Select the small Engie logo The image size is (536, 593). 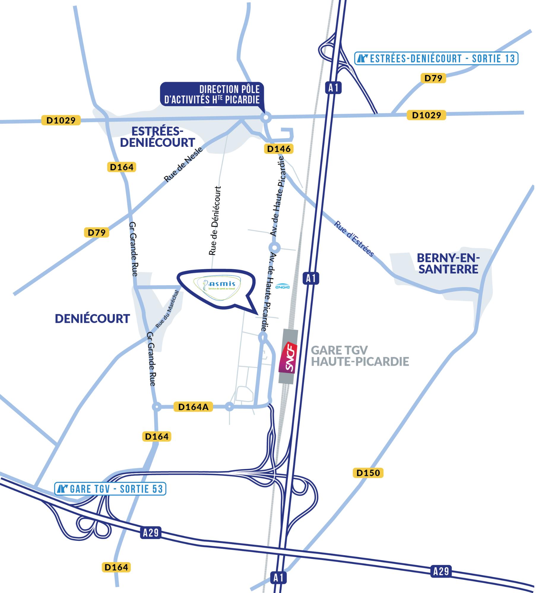(x=282, y=287)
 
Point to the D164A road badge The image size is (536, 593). (x=194, y=407)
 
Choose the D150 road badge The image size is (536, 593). (x=368, y=473)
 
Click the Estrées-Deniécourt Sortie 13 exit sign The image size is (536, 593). (x=436, y=58)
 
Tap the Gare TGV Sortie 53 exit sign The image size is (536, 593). (x=110, y=489)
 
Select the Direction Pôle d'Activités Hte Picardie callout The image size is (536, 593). (x=212, y=94)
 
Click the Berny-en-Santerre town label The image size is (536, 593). (x=448, y=263)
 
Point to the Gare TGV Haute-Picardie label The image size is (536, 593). (x=360, y=356)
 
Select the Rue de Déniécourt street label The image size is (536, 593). (x=215, y=221)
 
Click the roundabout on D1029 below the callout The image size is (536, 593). (x=266, y=117)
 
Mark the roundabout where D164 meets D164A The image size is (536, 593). (x=156, y=407)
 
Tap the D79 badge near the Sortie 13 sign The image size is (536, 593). (x=433, y=78)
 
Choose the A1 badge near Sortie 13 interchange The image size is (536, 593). (x=333, y=88)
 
